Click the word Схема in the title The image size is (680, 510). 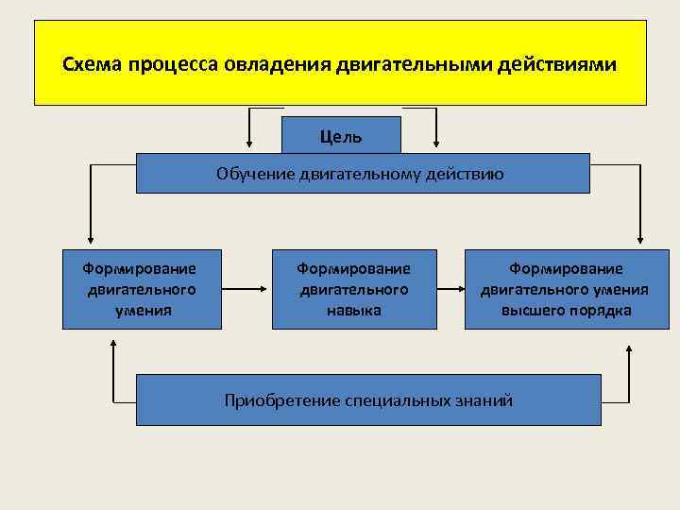pyautogui.click(x=93, y=66)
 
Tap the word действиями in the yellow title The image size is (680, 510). pyautogui.click(x=561, y=66)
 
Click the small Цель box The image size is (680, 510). pyautogui.click(x=341, y=136)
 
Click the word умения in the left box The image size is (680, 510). pyautogui.click(x=143, y=310)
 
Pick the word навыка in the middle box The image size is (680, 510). pyautogui.click(x=354, y=310)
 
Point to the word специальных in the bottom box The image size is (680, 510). pyautogui.click(x=386, y=400)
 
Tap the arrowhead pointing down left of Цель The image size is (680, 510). pyautogui.click(x=249, y=143)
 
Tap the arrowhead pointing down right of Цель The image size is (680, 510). pyautogui.click(x=435, y=143)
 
